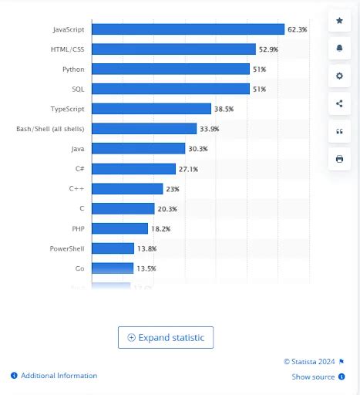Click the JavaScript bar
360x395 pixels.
(x=188, y=29)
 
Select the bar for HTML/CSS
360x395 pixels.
(x=173, y=49)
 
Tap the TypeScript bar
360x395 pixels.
(x=151, y=109)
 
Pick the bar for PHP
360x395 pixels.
(x=119, y=228)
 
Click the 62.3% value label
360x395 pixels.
(x=298, y=29)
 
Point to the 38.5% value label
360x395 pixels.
(x=224, y=109)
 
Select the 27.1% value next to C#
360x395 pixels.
(x=189, y=168)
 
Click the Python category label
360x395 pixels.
(x=73, y=69)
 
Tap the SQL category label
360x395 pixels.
(x=78, y=89)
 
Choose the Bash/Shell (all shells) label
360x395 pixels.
(x=50, y=129)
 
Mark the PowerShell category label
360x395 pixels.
(x=68, y=248)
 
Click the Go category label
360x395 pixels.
(x=79, y=268)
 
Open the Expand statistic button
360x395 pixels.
(x=166, y=337)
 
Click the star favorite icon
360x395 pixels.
(x=340, y=21)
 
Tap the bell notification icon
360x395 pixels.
(x=340, y=49)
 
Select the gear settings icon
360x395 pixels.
(x=340, y=76)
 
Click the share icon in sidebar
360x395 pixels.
(x=340, y=103)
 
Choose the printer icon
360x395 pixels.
(x=340, y=159)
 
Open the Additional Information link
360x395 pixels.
(x=59, y=376)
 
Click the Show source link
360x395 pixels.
(x=313, y=376)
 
